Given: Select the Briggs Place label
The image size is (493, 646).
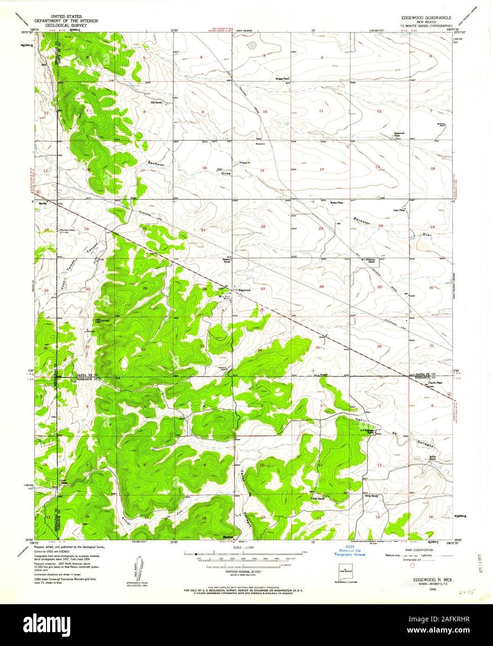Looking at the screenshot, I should pos(283,79).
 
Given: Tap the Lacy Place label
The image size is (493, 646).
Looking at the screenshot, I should pos(399,211).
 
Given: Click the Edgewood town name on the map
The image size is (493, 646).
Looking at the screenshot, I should pos(245,290).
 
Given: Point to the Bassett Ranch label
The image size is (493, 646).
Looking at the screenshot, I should pos(227,261).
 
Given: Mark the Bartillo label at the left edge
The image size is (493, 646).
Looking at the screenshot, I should pos(43,204).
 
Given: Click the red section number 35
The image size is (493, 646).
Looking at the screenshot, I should pos(318,348).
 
